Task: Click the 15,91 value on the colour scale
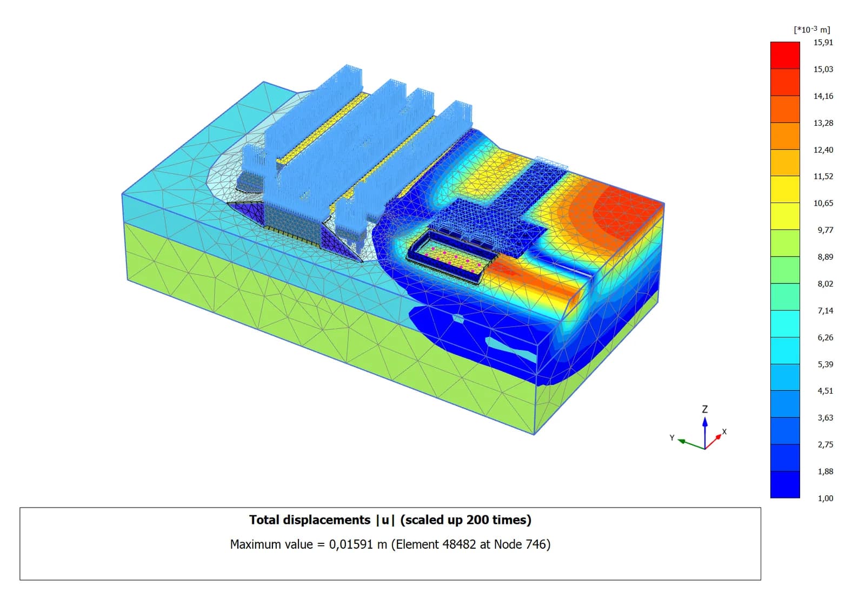823,43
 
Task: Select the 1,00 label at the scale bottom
825,498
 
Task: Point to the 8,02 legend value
825,284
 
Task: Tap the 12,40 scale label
823,150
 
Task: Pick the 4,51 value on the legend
825,391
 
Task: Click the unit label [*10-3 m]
811,29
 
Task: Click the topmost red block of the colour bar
785,56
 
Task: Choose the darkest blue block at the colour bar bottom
785,484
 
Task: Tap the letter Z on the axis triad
705,409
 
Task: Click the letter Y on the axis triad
673,437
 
